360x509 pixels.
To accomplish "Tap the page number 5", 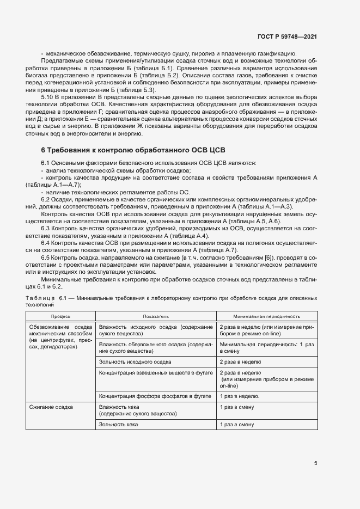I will coord(315,463).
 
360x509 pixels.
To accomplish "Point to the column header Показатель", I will coord(141,316).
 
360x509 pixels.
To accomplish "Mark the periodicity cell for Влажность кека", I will coord(237,407).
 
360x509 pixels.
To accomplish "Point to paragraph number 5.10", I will coord(48,95).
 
